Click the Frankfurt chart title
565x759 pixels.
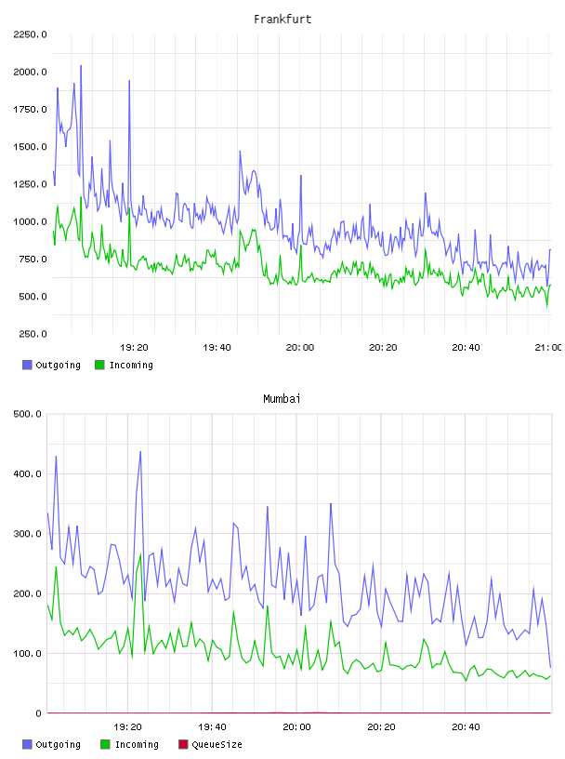pos(282,19)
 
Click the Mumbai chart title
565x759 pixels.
pos(282,398)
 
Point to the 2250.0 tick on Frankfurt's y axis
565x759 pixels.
pos(30,34)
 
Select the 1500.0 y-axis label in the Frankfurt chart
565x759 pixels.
pos(30,147)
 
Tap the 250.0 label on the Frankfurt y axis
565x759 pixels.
pos(33,334)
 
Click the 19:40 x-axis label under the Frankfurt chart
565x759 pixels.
pos(217,347)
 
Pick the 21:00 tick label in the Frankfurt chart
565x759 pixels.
pos(548,347)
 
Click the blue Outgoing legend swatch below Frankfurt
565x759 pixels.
pos(27,365)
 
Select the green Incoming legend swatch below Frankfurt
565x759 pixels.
pos(99,365)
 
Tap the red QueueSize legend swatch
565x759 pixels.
pos(183,744)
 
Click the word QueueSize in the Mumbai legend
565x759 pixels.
pos(217,744)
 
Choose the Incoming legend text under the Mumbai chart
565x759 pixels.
pos(137,744)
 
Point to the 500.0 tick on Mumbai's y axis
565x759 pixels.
pos(28,414)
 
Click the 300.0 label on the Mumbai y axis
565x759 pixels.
pos(28,533)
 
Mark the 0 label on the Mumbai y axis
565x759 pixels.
pos(39,713)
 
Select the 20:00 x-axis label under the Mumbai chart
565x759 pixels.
pos(296,726)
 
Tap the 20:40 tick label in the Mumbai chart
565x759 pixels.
pos(466,726)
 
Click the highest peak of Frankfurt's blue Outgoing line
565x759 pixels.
pos(81,65)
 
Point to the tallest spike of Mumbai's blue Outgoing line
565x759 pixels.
pos(140,452)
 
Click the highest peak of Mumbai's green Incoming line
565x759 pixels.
pos(140,554)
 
